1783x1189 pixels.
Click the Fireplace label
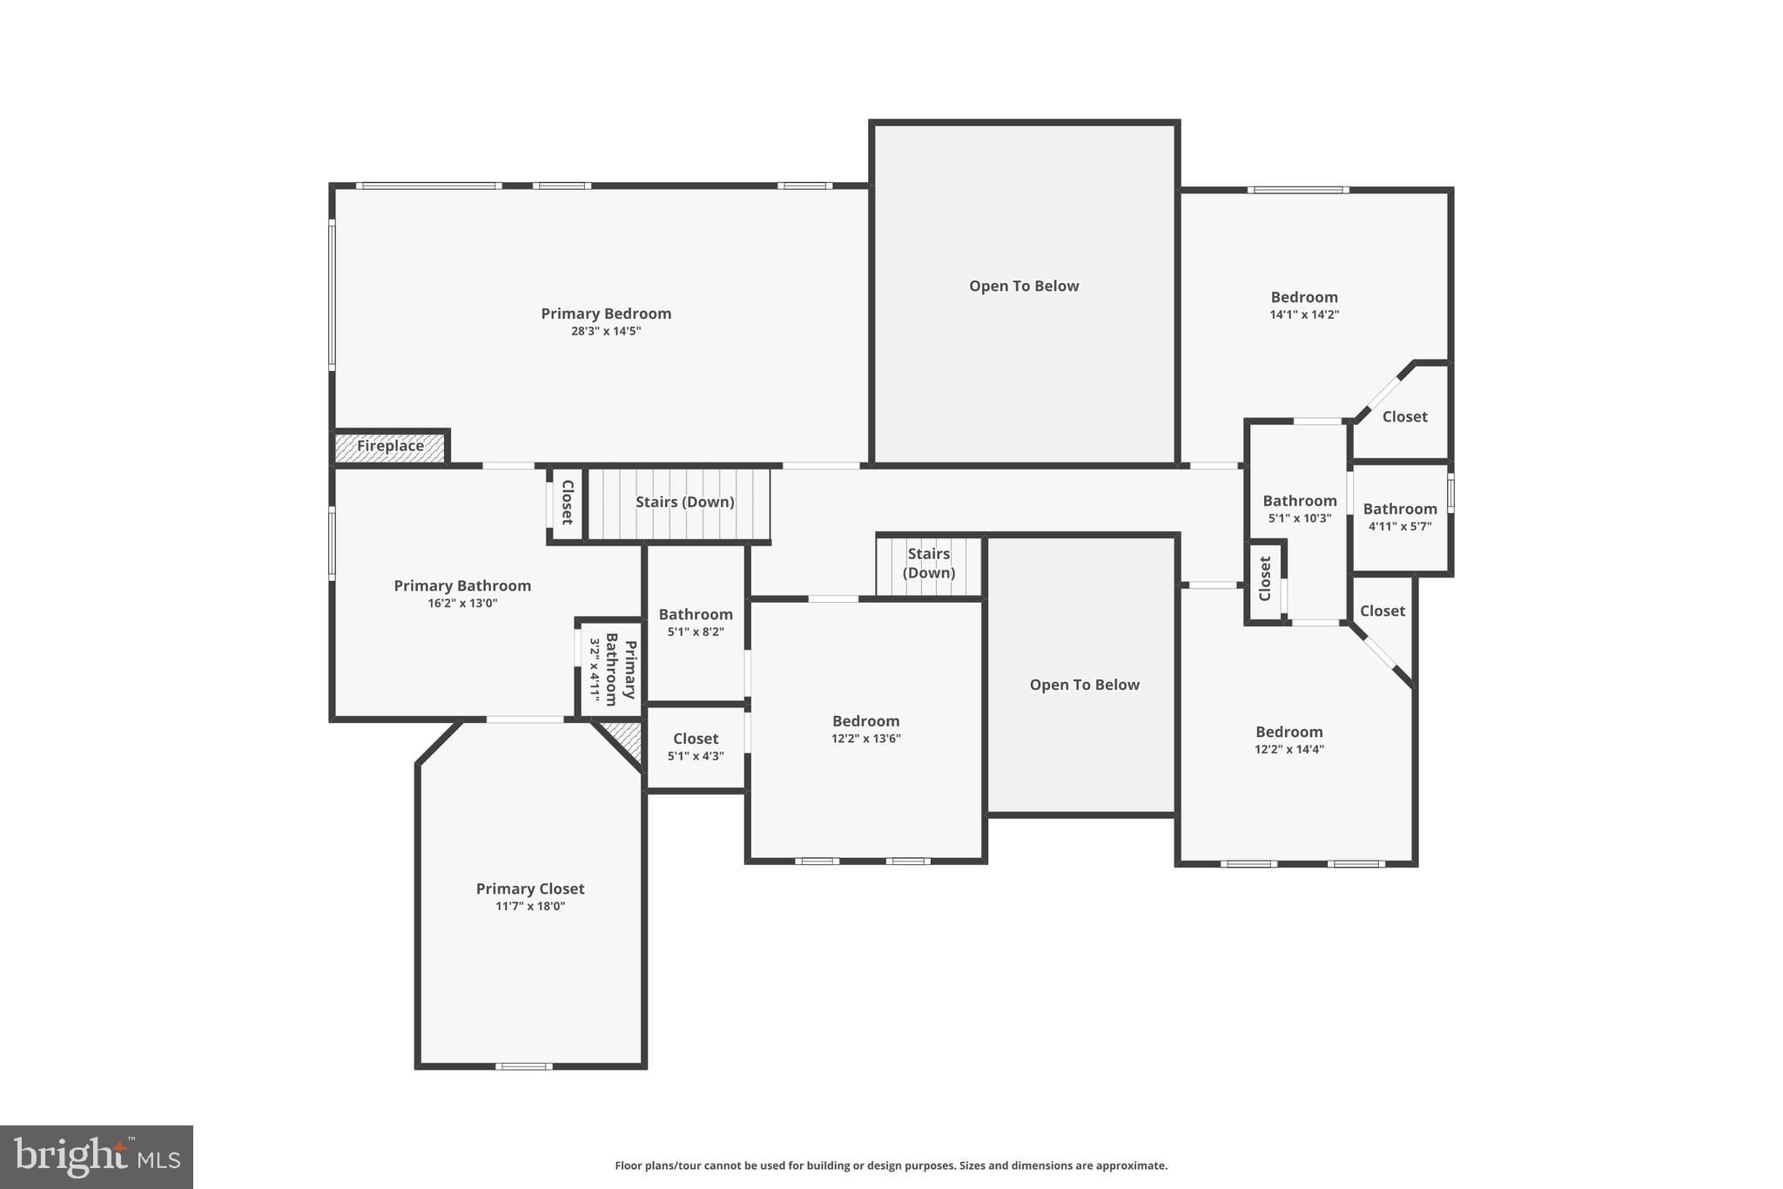pos(390,446)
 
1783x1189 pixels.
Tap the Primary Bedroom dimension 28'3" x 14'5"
pos(606,331)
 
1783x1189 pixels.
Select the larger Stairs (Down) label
pos(684,502)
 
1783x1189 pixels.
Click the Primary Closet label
pos(530,888)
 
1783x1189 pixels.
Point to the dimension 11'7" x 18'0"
pos(530,906)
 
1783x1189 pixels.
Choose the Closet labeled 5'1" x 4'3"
pos(696,747)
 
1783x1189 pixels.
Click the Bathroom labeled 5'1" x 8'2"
pos(696,622)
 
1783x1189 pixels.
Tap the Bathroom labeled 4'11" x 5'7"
pos(1400,517)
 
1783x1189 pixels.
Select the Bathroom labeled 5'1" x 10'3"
pos(1300,509)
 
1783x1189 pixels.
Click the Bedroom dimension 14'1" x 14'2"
pos(1304,314)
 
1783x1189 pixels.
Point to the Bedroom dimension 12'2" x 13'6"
pos(865,739)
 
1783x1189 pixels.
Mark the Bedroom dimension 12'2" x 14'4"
pos(1289,749)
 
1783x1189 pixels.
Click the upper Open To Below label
pos(1024,286)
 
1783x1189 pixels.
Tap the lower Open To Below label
pos(1084,685)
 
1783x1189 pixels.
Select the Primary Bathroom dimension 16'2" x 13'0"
pos(462,603)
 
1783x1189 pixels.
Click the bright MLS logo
pos(97,1157)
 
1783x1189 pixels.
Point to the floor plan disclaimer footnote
pos(891,1165)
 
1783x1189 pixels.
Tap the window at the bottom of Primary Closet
pos(524,1066)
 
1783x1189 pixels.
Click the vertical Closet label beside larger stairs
pos(566,503)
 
